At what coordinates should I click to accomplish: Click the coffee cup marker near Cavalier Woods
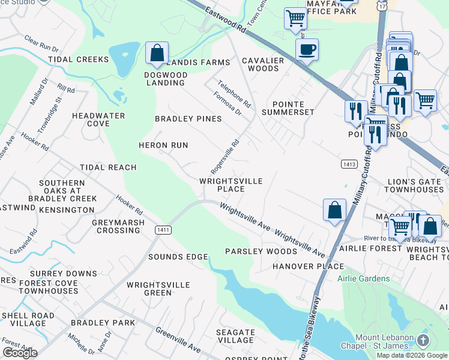click(x=307, y=49)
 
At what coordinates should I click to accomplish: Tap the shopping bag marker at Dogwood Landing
click(x=157, y=52)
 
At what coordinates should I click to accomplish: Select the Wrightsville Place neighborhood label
click(x=231, y=185)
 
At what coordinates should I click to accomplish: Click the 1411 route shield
click(x=161, y=229)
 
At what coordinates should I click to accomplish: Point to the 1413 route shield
click(x=349, y=163)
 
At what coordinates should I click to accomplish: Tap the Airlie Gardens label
click(x=363, y=278)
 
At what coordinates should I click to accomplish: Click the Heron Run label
click(x=163, y=145)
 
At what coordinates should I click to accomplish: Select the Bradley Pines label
click(x=188, y=119)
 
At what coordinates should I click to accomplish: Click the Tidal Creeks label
click(x=79, y=59)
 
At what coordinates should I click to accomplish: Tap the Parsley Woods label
click(x=261, y=251)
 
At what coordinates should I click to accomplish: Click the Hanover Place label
click(x=308, y=266)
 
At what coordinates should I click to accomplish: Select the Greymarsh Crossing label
click(x=116, y=226)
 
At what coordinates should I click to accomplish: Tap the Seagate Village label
click(x=235, y=336)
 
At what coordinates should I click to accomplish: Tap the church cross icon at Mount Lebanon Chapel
click(x=423, y=341)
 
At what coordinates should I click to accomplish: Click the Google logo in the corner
click(x=20, y=353)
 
